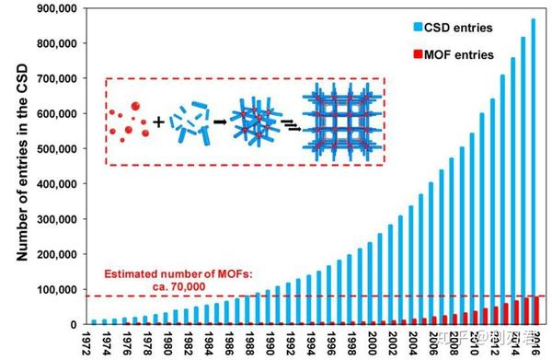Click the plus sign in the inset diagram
pyautogui.click(x=158, y=121)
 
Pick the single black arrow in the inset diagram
pyautogui.click(x=222, y=121)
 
